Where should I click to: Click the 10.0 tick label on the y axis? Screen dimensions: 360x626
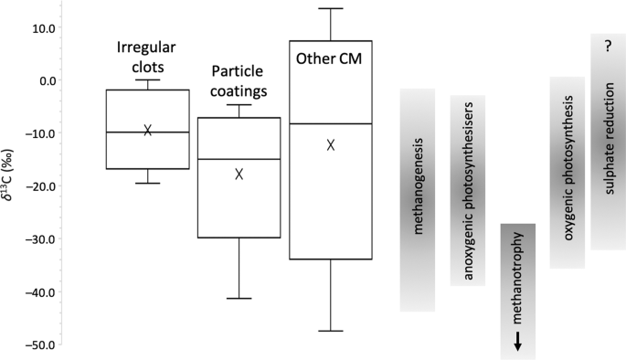42,27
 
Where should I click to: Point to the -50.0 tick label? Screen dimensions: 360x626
40,345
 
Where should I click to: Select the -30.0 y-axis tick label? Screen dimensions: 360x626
40,239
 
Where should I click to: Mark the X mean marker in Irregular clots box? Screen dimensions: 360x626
147,130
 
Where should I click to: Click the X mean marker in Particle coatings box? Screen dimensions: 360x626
239,174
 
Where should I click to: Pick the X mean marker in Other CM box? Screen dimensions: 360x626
331,144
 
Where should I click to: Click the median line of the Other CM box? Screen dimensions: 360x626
331,123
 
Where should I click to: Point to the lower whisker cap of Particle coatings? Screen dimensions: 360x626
239,298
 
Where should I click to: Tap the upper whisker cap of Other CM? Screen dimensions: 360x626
331,9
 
